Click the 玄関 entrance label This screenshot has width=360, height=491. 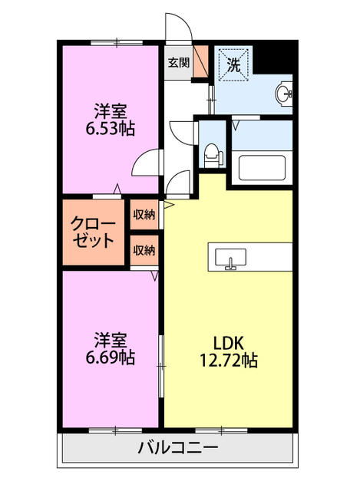[x=178, y=63]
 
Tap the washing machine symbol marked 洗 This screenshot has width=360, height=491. [x=233, y=64]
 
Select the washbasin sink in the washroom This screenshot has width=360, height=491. [x=284, y=94]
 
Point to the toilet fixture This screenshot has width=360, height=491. [x=213, y=156]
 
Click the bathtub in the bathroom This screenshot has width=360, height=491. [x=262, y=168]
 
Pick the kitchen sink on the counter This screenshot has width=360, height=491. [x=231, y=259]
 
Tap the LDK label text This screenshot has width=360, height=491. [x=229, y=343]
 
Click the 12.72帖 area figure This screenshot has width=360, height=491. [x=229, y=360]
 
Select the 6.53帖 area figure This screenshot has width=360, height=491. [x=111, y=128]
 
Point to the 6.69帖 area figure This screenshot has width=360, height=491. [x=111, y=358]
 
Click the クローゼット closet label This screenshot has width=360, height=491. [x=93, y=232]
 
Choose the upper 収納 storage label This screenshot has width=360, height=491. [x=144, y=215]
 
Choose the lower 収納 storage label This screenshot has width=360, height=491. [x=144, y=250]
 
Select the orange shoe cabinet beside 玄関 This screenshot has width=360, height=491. [x=200, y=61]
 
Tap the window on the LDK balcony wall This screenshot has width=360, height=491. [x=221, y=431]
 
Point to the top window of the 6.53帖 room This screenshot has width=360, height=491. [x=117, y=42]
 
